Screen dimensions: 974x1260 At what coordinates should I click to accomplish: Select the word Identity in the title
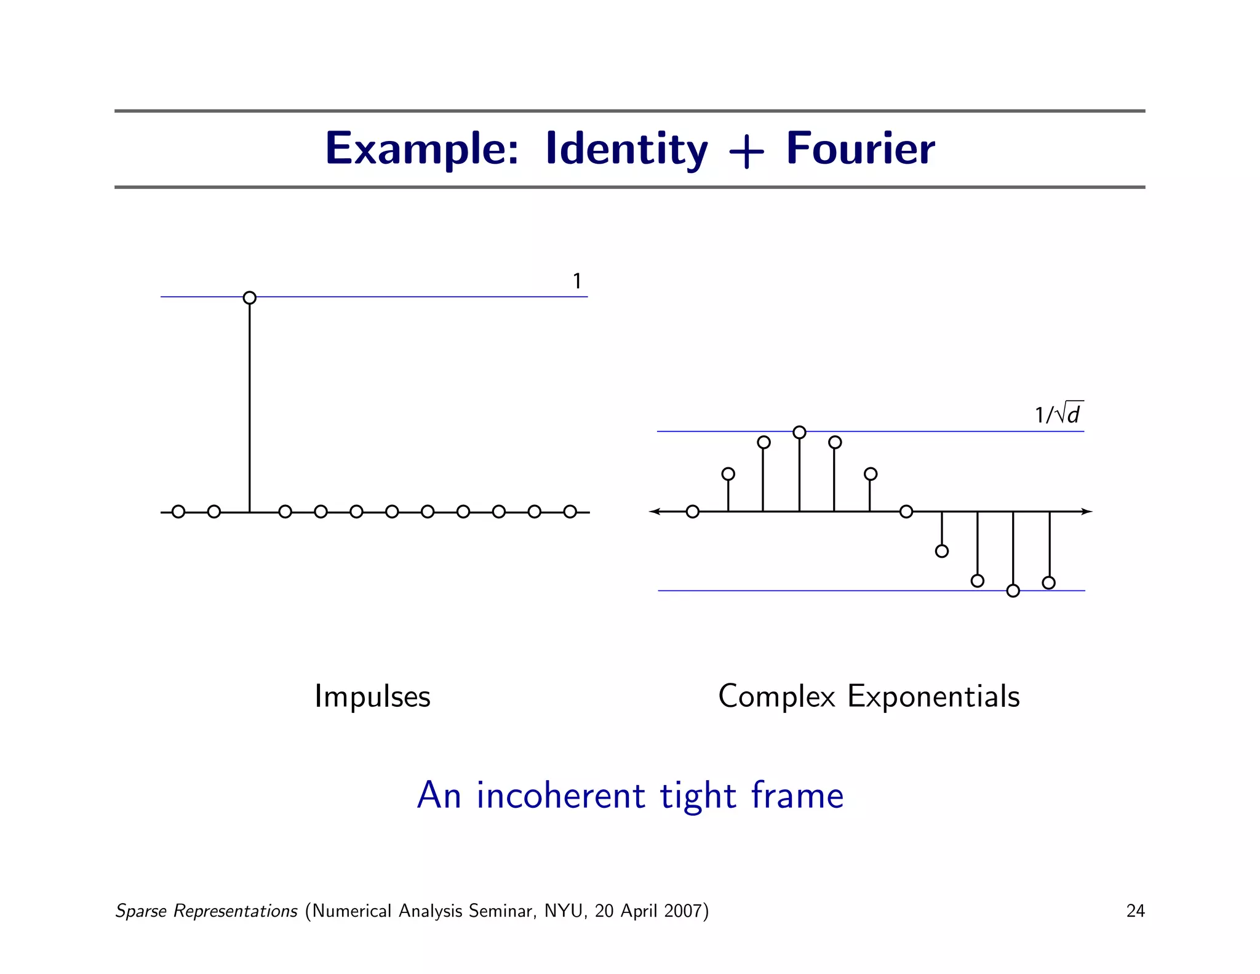tap(626, 149)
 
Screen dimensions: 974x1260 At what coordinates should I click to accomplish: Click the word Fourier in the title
tap(860, 149)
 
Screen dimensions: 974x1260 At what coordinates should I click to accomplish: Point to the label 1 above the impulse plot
tap(577, 281)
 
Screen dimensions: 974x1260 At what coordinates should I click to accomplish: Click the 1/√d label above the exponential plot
tap(1058, 414)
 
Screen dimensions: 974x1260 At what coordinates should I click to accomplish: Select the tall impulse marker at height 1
tap(250, 298)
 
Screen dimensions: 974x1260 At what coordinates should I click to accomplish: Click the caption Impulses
tap(372, 696)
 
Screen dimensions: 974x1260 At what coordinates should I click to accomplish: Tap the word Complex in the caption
tap(776, 696)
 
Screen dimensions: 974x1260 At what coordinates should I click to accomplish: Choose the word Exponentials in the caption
tap(933, 696)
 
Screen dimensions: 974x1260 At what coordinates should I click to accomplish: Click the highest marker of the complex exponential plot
tap(799, 432)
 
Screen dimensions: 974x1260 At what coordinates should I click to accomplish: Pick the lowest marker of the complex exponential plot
tap(1013, 591)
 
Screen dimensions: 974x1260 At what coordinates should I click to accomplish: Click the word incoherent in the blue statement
tap(560, 795)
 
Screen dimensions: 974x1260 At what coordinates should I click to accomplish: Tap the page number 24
tap(1135, 911)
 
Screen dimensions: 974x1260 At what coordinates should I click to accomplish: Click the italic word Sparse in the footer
tap(141, 911)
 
